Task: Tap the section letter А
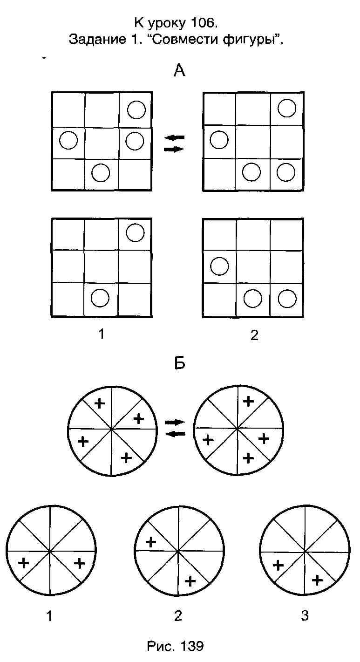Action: pos(180,71)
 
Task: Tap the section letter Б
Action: pos(180,362)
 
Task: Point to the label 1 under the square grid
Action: pos(102,334)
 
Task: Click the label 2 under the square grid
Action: pos(254,335)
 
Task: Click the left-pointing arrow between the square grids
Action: pos(175,137)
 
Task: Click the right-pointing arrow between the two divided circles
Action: pos(175,422)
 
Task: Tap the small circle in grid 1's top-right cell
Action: pos(135,232)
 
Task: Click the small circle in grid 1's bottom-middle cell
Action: pos(100,298)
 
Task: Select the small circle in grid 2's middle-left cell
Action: pos(219,266)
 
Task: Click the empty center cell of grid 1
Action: pos(101,266)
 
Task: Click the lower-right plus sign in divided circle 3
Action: pos(317,580)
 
